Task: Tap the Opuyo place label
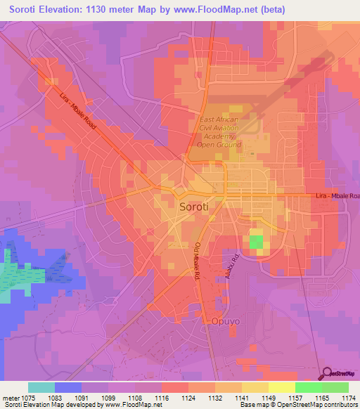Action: point(226,321)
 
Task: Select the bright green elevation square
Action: point(256,242)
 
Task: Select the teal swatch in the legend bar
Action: point(41,387)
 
